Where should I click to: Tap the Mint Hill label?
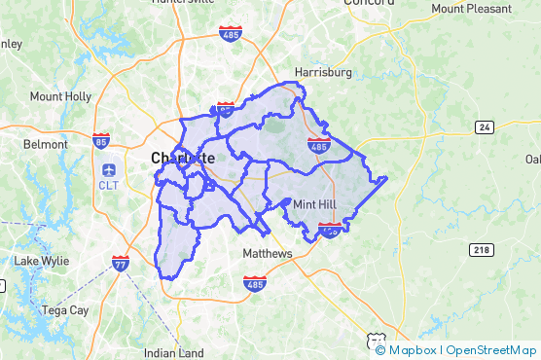coord(318,204)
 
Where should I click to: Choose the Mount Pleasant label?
coord(474,9)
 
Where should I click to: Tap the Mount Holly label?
coord(60,96)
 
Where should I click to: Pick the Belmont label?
coord(46,144)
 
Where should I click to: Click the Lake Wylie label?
coord(39,261)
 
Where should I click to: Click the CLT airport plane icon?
coord(108,165)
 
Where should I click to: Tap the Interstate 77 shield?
coord(120,264)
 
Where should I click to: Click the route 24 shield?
coord(485,127)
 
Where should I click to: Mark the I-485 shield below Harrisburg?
coord(317,145)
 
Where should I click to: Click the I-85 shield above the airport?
coord(101,141)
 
